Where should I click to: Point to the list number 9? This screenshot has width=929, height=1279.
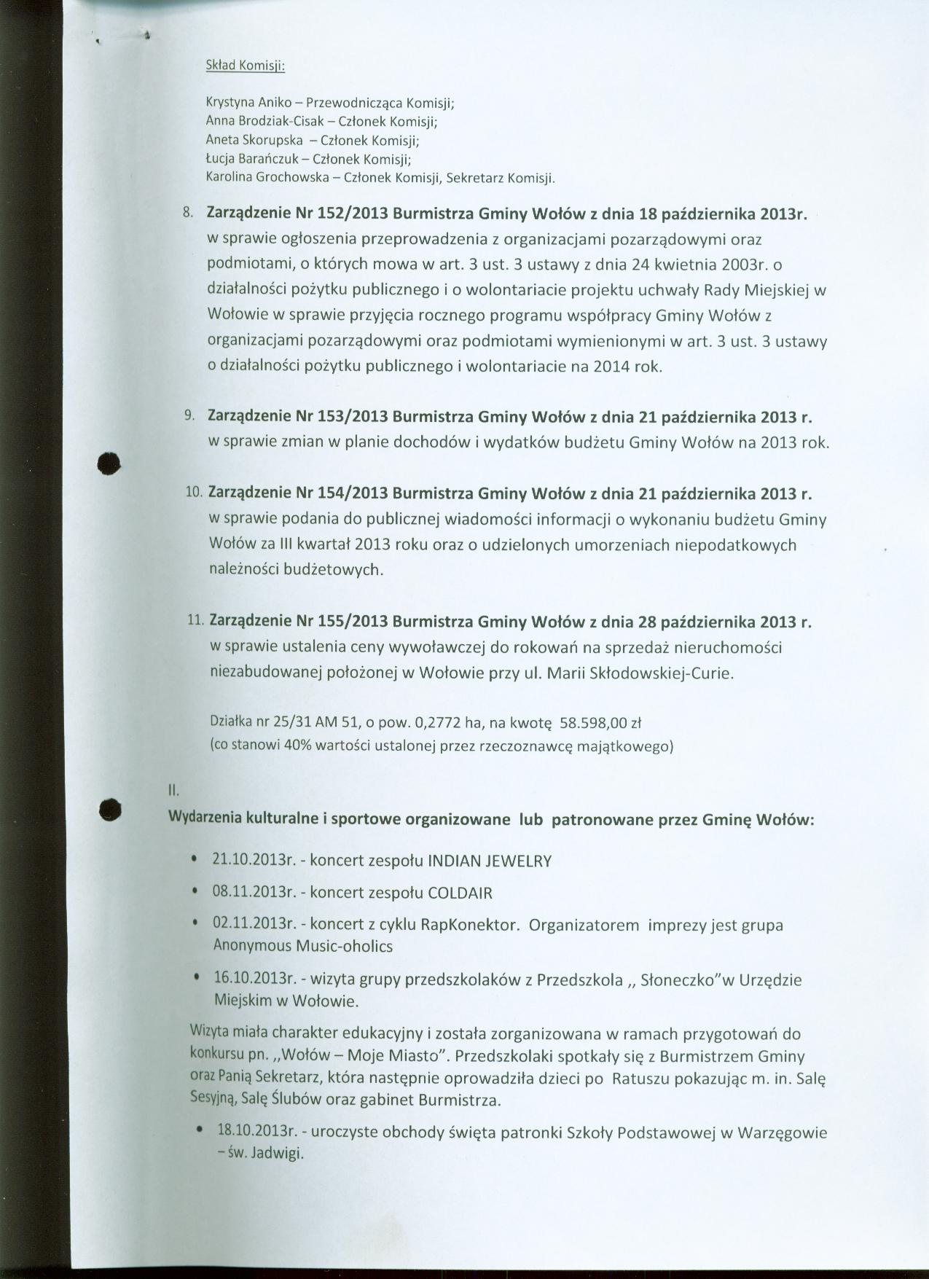point(189,416)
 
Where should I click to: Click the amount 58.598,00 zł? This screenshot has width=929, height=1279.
point(599,723)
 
